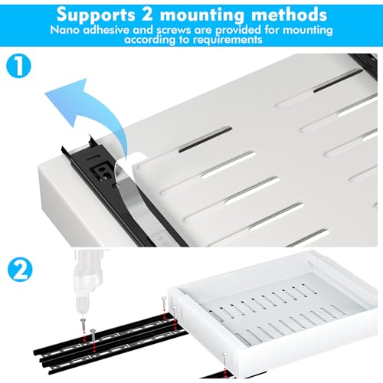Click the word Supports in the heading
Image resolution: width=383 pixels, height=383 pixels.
96,15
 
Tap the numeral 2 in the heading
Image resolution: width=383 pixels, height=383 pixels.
147,14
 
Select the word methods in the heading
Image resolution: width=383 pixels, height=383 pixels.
289,15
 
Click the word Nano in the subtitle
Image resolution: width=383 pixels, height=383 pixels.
65,30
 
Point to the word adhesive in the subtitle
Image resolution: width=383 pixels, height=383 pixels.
106,30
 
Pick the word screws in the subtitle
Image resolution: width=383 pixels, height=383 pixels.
174,30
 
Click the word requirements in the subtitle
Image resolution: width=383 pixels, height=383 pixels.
228,40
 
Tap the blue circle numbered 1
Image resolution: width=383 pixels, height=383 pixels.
18,66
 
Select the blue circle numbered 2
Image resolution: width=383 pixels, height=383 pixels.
20,270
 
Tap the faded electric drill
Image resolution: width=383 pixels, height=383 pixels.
88,282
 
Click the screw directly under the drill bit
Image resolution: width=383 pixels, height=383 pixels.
83,324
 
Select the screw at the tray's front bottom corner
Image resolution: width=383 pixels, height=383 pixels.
224,359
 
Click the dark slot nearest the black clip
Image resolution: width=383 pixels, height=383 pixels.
205,139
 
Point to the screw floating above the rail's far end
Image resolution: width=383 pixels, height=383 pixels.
164,303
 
